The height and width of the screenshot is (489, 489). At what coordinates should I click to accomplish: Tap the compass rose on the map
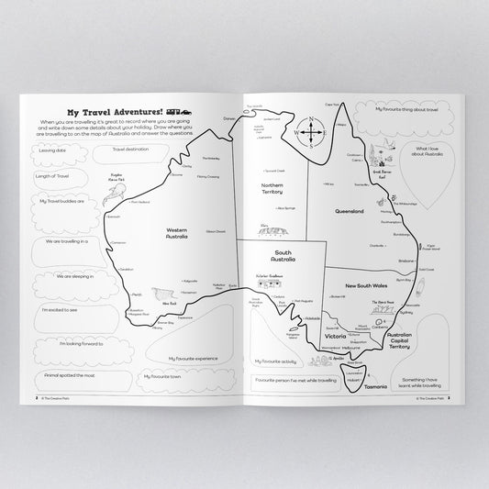point(312,132)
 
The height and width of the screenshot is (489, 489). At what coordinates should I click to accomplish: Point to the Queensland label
point(350,211)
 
